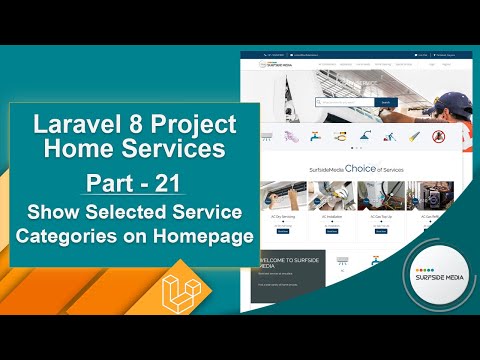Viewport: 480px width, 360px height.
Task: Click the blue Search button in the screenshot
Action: [386, 102]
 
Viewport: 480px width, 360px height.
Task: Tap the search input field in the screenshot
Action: [345, 102]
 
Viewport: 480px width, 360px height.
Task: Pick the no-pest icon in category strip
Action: [437, 135]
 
